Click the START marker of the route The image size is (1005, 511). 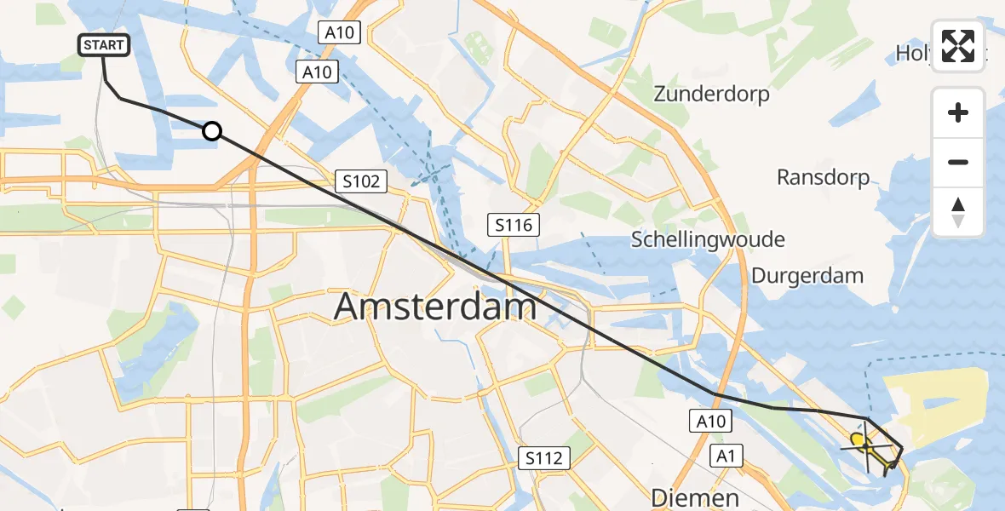coord(104,45)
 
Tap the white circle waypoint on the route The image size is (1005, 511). coord(212,131)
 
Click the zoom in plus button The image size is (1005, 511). coord(958,112)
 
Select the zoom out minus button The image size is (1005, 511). coord(958,162)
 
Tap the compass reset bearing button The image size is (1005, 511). coord(958,212)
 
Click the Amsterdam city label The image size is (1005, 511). coord(435,306)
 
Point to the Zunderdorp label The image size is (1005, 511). coord(711,95)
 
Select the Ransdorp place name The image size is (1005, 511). coord(824,177)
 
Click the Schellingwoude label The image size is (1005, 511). coord(708,239)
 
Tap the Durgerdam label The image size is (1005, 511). coord(807,276)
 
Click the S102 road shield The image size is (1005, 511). coord(361,181)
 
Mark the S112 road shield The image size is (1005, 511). coord(543,459)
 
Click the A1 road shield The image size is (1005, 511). coord(726,456)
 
